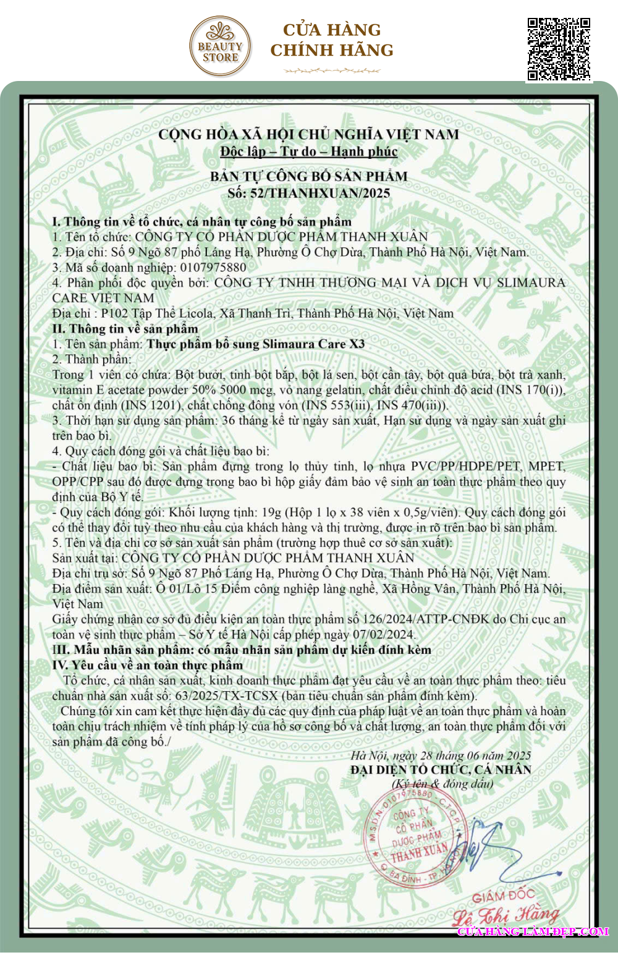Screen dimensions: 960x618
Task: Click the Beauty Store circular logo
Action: point(220,46)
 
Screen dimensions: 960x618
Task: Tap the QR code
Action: point(559,49)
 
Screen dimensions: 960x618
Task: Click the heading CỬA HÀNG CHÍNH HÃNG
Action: point(332,40)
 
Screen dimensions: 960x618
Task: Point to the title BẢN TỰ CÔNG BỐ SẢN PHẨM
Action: point(309,176)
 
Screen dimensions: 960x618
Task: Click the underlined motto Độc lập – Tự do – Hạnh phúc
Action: point(309,151)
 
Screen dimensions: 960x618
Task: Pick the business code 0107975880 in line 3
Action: point(213,268)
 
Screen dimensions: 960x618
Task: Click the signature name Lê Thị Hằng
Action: point(506,914)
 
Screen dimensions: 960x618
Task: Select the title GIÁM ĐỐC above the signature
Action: point(503,896)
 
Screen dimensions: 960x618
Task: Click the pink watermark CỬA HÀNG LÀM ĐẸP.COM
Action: point(533,932)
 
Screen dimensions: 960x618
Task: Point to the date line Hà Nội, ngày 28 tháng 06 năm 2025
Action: point(441,755)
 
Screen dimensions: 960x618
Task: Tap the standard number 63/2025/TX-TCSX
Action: point(227,696)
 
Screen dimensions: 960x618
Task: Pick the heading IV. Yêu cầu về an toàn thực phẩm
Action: point(148,665)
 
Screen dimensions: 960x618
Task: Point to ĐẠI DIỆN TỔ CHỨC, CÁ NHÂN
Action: point(441,770)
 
